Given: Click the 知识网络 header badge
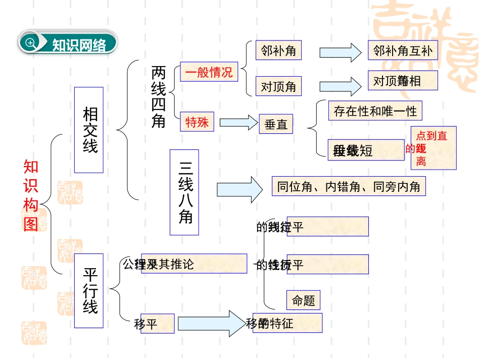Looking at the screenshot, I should coord(68,43).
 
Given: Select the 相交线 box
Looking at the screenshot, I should coord(89,130).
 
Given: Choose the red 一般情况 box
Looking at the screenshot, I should coord(209,72).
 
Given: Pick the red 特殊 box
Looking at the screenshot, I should coord(197,122).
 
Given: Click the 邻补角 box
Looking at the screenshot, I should coord(278,50).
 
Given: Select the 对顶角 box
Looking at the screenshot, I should coord(278,86).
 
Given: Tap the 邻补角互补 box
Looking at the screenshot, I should coord(403,50).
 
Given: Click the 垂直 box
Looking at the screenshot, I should coord(276,124).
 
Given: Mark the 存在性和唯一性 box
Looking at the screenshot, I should coord(375,111).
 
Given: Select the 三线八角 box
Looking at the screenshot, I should coord(184,192).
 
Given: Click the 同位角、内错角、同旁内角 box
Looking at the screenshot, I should coord(349,186).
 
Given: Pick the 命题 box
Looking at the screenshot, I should coord(303,300).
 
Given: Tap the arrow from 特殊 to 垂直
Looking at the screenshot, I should coord(238,122).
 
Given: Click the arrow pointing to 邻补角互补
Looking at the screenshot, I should coord(341,52).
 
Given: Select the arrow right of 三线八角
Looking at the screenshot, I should coord(239,189).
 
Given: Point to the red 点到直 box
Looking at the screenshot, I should coord(433,147).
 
